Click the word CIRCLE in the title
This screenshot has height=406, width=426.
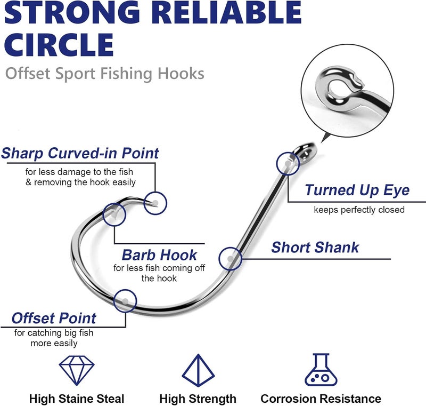(60, 44)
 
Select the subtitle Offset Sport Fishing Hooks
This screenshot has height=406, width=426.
(105, 73)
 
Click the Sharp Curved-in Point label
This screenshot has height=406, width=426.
(80, 154)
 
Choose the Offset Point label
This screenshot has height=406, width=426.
(54, 319)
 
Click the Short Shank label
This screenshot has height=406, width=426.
(315, 248)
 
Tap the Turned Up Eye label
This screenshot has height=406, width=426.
(357, 190)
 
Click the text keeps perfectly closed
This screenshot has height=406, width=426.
(359, 210)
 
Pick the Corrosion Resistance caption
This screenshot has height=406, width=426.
(321, 399)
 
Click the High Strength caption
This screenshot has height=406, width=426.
(198, 399)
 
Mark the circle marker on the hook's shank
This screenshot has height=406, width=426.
(230, 258)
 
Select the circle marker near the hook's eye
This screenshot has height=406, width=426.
(288, 163)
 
